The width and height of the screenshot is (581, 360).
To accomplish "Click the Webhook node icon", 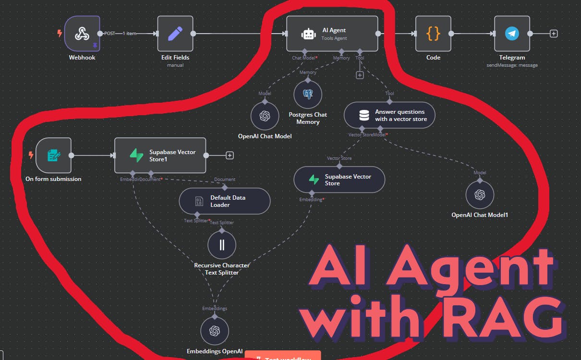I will tap(82, 34).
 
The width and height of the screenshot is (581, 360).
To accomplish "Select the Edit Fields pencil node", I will tap(175, 34).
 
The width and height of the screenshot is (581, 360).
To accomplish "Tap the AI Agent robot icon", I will tap(308, 34).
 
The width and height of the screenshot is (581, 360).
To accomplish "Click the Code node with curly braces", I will tap(433, 34).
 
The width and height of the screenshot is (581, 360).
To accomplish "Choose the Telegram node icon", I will tap(512, 34).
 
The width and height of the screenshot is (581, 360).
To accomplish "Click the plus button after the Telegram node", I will tap(554, 34).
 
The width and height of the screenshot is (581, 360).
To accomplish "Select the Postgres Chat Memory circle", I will tap(308, 95).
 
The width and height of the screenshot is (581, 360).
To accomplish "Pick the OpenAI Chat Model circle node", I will tap(265, 116).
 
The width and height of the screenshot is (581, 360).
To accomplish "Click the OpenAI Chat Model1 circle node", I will tap(480, 194).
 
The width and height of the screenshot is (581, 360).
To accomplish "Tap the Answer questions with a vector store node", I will tap(389, 115).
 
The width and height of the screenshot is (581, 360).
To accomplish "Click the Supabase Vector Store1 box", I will tap(160, 155).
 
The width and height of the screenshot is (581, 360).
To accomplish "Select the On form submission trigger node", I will tap(53, 155).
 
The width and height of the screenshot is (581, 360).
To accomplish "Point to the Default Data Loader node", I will tap(225, 201).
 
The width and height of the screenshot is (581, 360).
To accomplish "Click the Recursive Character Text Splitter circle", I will tap(222, 245).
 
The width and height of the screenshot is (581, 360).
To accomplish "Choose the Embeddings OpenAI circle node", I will tap(215, 331).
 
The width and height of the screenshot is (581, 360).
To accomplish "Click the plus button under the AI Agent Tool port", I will tap(360, 75).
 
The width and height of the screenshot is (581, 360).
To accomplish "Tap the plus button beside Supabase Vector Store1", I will tap(230, 155).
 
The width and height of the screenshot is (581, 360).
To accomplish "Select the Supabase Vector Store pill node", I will tap(339, 180).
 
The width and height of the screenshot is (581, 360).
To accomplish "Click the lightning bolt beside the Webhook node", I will tap(60, 34).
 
